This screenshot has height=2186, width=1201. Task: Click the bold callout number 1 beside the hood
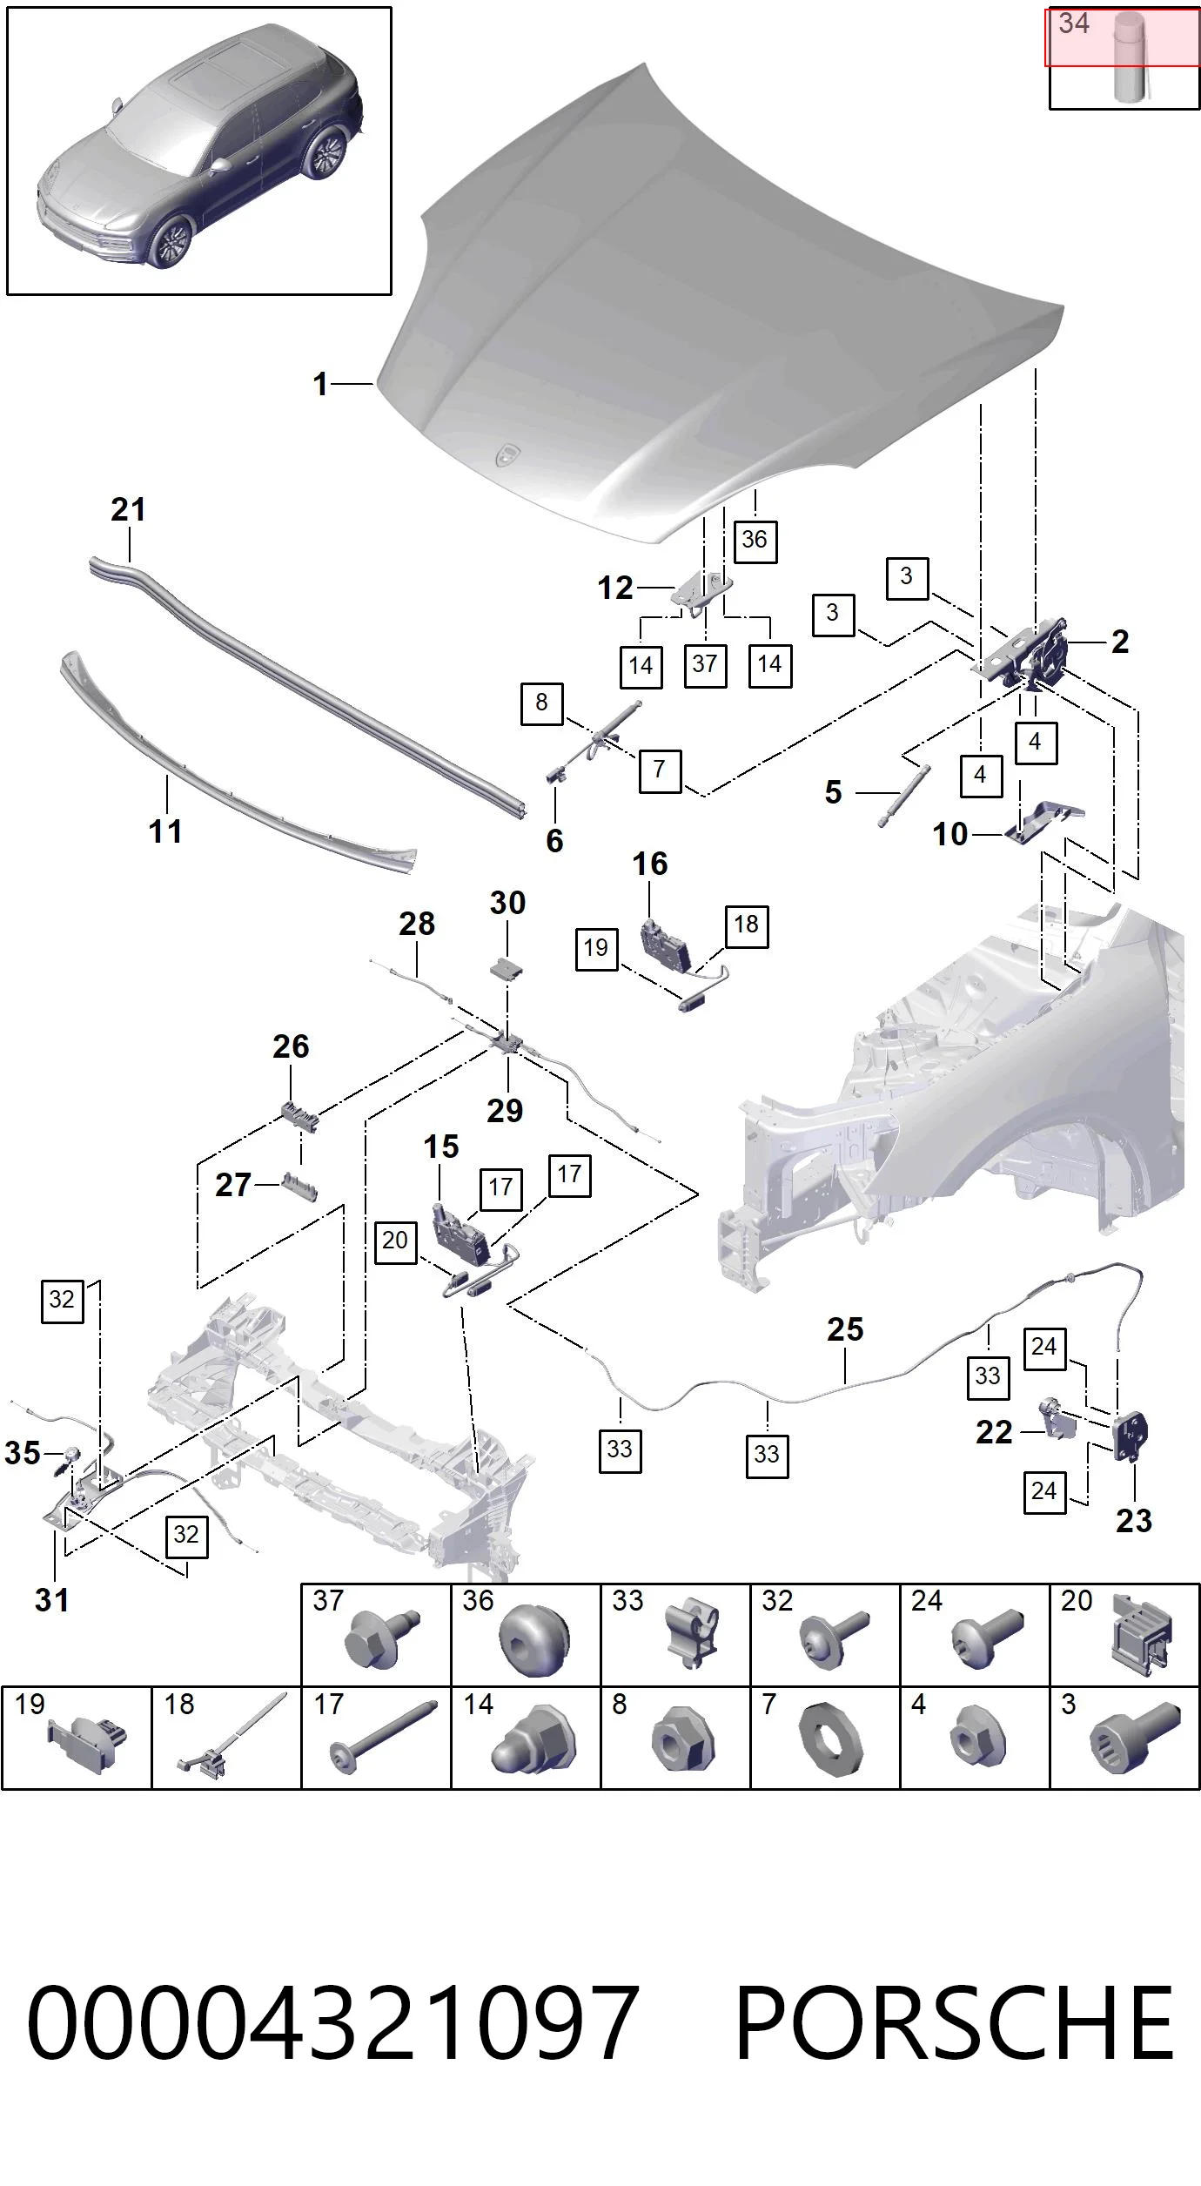[320, 384]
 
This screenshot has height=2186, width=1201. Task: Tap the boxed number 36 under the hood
[755, 540]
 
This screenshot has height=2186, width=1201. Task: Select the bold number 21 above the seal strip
[128, 509]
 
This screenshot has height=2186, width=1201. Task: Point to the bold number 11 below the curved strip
[165, 831]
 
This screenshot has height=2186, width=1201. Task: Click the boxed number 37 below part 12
[705, 664]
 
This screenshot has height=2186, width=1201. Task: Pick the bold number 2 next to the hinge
[1120, 642]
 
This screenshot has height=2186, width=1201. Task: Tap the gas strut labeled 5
[903, 795]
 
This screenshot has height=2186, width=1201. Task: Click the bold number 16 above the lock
[650, 864]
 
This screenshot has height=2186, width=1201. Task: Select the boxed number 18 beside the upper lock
[746, 925]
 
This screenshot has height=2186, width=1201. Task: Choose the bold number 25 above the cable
[845, 1329]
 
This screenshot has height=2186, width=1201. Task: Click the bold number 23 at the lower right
[1134, 1521]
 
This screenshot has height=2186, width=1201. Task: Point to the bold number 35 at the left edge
[23, 1453]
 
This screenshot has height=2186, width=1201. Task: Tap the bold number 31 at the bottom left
[51, 1599]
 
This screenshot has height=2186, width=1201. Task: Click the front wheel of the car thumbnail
[170, 242]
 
